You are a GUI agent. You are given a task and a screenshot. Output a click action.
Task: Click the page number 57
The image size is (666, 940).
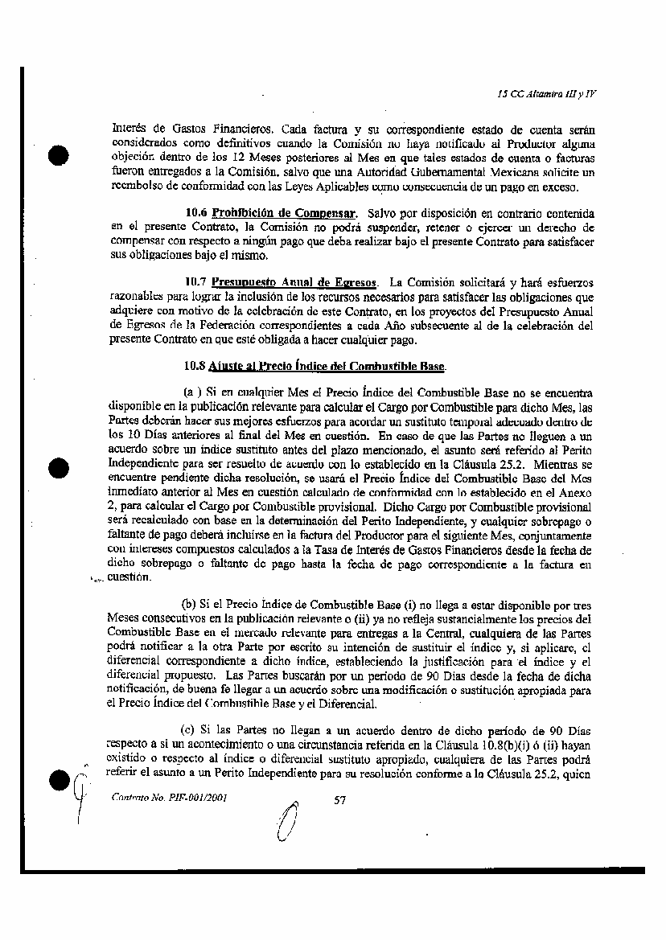coord(339,800)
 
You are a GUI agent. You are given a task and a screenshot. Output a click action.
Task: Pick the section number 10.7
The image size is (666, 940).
coord(195,283)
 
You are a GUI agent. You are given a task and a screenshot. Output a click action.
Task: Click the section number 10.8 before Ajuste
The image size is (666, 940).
coord(195,366)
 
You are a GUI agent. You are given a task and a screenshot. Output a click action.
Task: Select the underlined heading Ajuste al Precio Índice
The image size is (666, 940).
coord(327,366)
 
